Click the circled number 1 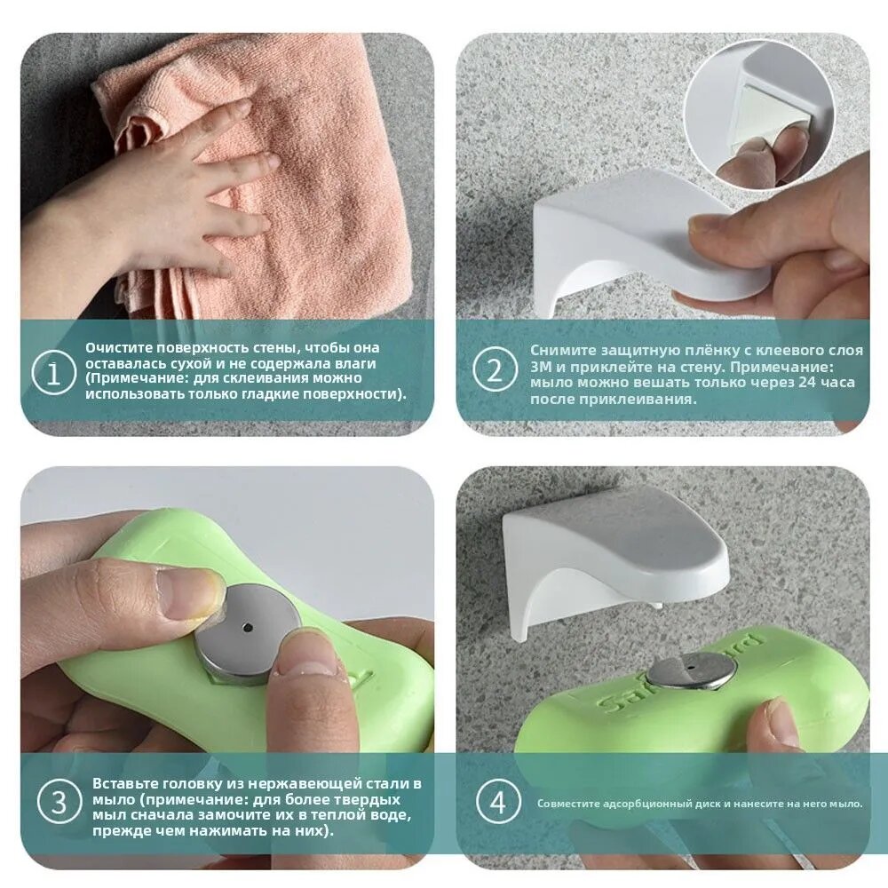tap(53, 374)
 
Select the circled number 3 tap(59, 801)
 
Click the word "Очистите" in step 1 tap(119, 348)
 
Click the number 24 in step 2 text tap(807, 382)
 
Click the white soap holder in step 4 tap(609, 564)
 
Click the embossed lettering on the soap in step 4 tap(679, 674)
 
